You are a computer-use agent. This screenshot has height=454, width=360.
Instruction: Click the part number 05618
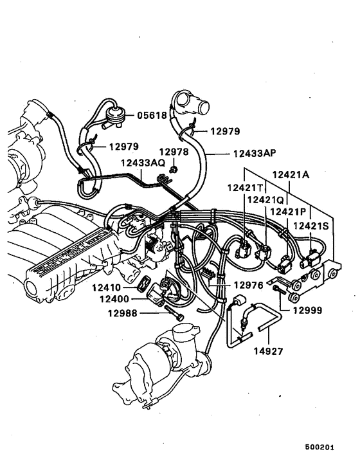pyautogui.click(x=152, y=116)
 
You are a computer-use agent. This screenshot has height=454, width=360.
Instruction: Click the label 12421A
pyautogui.click(x=293, y=174)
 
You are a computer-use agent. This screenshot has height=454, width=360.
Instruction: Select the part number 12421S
pyautogui.click(x=313, y=225)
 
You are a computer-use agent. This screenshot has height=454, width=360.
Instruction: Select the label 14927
pyautogui.click(x=269, y=352)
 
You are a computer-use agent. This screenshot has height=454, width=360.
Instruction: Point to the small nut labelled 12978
pyautogui.click(x=174, y=170)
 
